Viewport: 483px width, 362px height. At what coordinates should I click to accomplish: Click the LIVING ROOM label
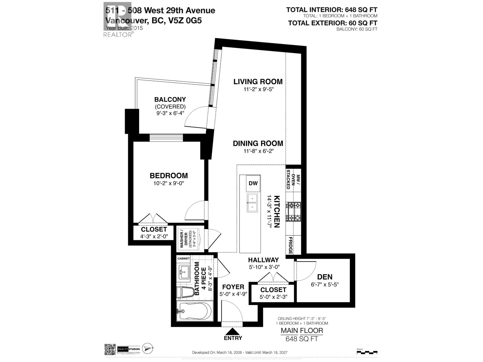[258, 81]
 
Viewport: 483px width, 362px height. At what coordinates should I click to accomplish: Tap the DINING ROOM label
[258, 143]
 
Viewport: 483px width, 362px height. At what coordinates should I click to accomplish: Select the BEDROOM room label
[169, 176]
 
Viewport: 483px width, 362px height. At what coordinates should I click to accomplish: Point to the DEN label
[325, 277]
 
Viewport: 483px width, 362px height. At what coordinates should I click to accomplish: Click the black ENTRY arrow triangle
[233, 331]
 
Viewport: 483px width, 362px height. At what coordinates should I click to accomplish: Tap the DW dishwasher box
[253, 183]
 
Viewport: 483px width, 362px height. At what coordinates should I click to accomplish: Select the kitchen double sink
[252, 203]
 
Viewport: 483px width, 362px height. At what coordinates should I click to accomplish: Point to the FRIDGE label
[290, 245]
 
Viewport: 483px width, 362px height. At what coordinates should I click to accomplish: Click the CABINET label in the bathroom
[184, 259]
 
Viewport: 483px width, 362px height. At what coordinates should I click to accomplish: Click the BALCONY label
[170, 99]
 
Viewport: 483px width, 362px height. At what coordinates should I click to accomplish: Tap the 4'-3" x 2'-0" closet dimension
[154, 237]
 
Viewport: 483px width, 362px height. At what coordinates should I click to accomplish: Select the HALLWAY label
[263, 260]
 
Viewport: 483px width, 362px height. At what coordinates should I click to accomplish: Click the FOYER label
[233, 287]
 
